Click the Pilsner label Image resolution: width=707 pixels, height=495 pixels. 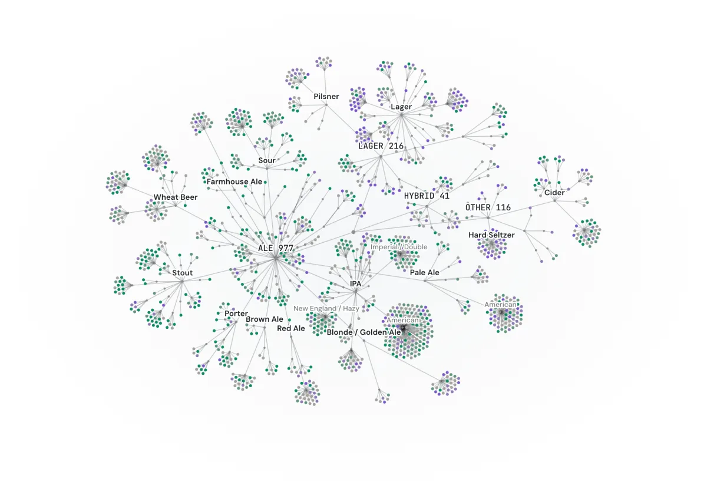[326, 96]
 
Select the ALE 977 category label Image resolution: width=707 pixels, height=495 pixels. [276, 248]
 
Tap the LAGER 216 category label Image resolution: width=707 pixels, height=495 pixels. [381, 146]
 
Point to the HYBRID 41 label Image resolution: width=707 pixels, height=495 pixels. [427, 196]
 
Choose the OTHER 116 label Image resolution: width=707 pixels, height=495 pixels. [488, 207]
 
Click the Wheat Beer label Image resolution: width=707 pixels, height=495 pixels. [176, 197]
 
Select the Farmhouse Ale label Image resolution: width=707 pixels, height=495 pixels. [234, 181]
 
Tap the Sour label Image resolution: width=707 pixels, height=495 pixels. [267, 160]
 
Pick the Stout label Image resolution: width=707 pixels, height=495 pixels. [183, 273]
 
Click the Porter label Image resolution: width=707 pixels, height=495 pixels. [236, 313]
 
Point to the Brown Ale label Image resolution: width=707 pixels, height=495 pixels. [265, 319]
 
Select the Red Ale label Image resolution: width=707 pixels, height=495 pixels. [291, 328]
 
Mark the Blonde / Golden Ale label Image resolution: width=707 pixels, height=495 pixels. [364, 332]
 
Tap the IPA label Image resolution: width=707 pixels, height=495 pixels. [355, 284]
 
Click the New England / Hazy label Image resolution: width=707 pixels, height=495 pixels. [326, 308]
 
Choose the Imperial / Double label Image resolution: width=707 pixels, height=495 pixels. [399, 247]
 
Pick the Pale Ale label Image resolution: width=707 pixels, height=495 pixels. [425, 272]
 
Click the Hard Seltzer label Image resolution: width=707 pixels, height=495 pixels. [491, 235]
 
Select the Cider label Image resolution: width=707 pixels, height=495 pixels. [554, 193]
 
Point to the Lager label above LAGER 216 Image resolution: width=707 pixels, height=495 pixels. [401, 107]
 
